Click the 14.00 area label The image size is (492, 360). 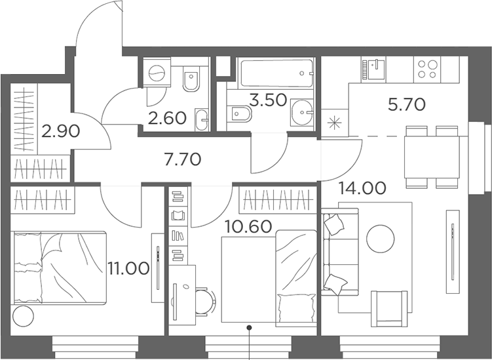362,188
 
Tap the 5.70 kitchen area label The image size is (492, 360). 407,105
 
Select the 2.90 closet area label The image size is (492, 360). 60,131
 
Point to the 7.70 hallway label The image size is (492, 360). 182,159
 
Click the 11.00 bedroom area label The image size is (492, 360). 128,268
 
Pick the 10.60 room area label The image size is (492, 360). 248,226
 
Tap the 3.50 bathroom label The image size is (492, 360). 269,100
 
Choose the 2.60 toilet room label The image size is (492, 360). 167,119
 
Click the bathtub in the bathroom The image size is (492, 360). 276,73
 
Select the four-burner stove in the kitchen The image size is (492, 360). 427,70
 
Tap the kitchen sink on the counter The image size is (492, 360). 377,70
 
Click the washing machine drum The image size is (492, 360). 157,73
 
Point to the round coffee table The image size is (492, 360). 380,239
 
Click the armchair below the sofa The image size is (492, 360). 389,310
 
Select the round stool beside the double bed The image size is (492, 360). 23,316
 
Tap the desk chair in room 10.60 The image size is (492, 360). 204,302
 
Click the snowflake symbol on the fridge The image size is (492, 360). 335,123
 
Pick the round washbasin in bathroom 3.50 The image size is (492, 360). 302,112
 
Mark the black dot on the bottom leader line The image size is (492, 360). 250,328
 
